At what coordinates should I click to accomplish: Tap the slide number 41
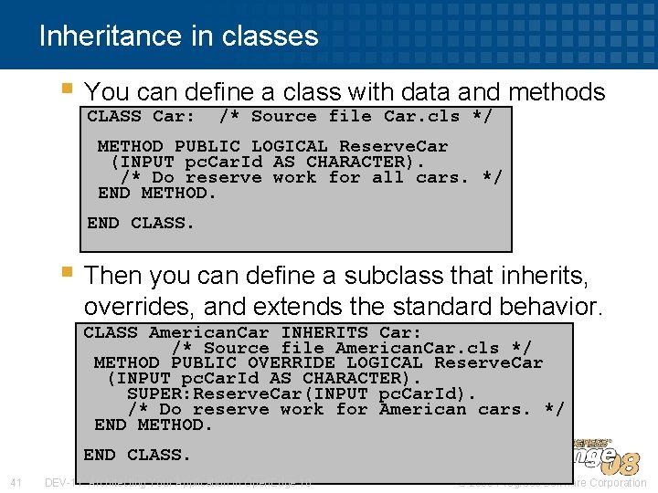coord(16,482)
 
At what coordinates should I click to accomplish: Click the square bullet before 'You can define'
coord(66,89)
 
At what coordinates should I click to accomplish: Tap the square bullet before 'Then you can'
coord(66,271)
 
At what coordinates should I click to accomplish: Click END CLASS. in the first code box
coord(141,222)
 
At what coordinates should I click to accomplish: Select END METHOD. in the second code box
coord(153,425)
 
